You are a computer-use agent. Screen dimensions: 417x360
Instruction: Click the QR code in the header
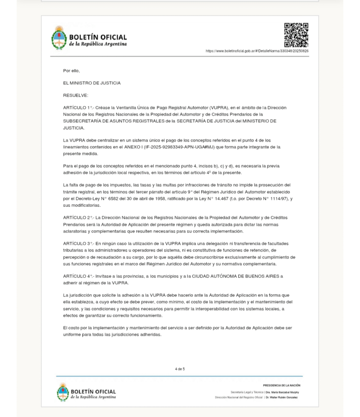point(296,35)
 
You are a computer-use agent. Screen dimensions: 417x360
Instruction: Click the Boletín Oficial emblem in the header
point(59,38)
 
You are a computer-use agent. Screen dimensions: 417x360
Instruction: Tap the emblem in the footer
point(62,392)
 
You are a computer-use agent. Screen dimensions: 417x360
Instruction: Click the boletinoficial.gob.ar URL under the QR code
point(257,51)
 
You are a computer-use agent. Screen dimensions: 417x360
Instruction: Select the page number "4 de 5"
point(180,369)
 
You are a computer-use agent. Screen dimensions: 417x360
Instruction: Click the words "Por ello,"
point(71,71)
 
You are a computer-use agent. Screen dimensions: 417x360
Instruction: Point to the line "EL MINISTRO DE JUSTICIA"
point(92,83)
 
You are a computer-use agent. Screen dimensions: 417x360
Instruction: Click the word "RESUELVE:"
point(75,95)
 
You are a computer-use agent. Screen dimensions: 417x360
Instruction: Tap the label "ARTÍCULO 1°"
point(77,108)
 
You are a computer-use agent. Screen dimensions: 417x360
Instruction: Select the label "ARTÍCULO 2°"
point(77,217)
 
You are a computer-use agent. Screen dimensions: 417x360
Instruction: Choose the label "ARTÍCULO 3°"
point(77,244)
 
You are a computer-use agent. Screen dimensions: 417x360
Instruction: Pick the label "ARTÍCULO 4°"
point(77,276)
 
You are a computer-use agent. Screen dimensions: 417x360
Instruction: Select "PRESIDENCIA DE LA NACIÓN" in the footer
point(281,385)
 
